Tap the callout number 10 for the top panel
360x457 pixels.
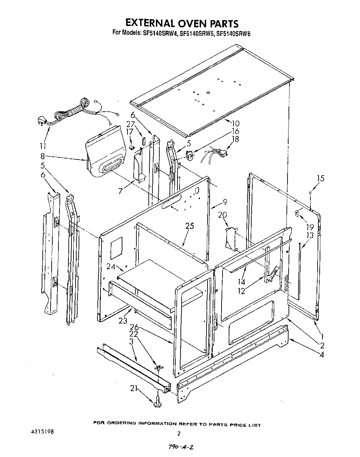(235, 124)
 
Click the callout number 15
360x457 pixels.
(320, 178)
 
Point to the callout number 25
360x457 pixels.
(190, 226)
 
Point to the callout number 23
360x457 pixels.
(123, 320)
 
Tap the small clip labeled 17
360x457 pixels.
(131, 148)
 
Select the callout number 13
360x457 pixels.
(310, 235)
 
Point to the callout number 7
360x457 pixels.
(120, 191)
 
